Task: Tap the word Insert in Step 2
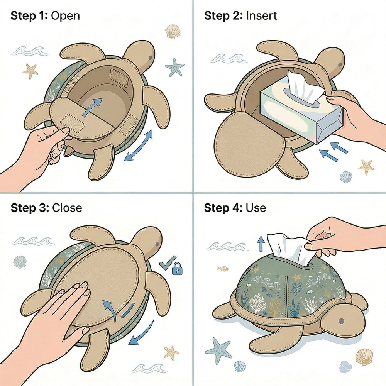coord(261,16)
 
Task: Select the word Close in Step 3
coord(67,208)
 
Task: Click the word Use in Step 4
coord(256,208)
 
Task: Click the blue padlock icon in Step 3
coord(178,269)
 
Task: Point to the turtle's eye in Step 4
coord(341,321)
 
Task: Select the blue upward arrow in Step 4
coord(260,243)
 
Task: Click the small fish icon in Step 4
coord(223,268)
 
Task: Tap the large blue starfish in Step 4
coord(218,349)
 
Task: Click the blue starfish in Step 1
coord(174,67)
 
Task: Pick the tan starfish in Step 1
coord(30,71)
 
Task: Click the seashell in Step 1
coord(173,32)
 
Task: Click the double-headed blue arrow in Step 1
coord(138,146)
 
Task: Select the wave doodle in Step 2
coord(229,58)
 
